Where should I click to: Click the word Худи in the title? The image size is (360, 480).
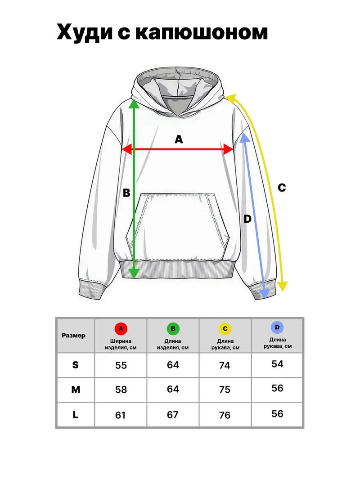pos(85,32)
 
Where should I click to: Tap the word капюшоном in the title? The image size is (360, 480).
pos(202,32)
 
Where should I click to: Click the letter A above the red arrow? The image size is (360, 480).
pos(179,139)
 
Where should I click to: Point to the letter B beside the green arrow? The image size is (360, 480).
pos(126,193)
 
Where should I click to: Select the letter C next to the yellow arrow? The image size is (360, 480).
pos(282,187)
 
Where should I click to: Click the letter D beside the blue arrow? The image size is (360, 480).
pos(247,219)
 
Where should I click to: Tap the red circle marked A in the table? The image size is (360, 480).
pos(121,329)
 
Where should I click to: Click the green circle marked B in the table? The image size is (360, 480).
pos(173,329)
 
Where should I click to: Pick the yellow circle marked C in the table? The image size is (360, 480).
pos(225,329)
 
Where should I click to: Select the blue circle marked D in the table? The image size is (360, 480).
pos(277,327)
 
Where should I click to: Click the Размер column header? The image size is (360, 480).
pos(73,336)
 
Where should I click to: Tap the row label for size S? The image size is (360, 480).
pos(75,364)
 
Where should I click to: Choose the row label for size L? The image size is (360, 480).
pos(75,415)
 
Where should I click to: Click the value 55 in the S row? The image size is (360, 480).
pos(121,365)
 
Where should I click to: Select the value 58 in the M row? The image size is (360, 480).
pos(121,390)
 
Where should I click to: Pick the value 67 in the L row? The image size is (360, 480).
pos(173,414)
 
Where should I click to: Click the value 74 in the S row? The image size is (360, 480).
pos(225,365)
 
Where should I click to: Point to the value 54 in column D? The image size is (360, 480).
pos(277,363)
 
